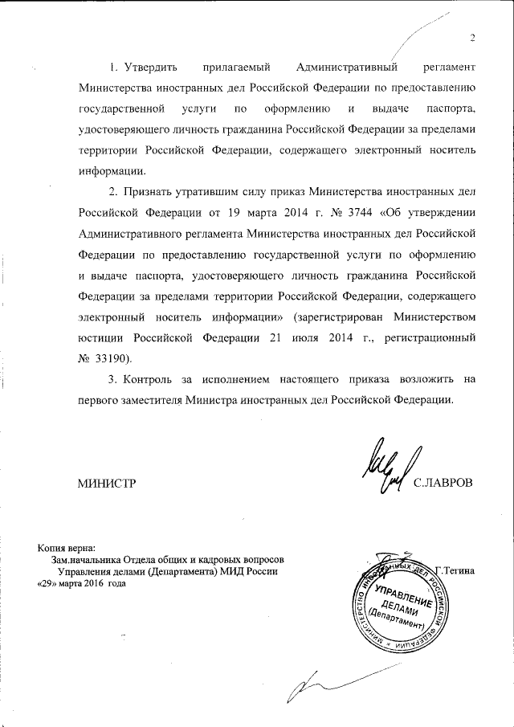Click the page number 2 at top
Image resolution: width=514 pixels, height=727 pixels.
coord(474,38)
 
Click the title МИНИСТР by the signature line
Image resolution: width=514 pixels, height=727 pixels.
coord(105,483)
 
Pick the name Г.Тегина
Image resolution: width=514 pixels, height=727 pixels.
coord(455,570)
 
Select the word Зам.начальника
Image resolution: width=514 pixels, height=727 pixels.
coord(87,559)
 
